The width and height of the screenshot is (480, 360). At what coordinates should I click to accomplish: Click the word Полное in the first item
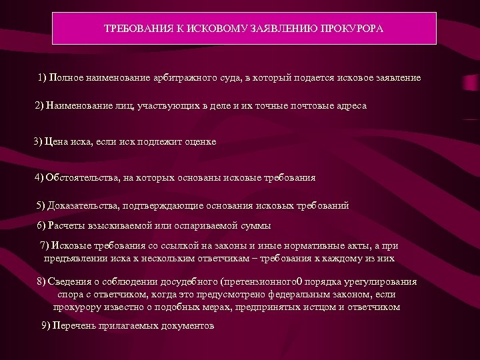pos(68,78)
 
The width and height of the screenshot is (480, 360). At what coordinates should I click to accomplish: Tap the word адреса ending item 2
pos(349,106)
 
